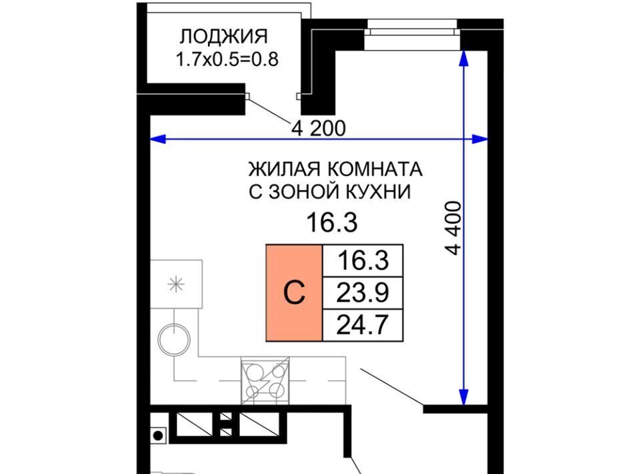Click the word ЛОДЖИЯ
click(224, 37)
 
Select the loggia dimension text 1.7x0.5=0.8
click(227, 59)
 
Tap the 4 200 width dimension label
click(319, 128)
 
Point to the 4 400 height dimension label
click(454, 228)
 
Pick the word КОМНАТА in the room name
click(374, 169)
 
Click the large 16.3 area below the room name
click(332, 223)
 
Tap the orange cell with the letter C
click(294, 292)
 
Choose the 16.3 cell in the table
click(363, 260)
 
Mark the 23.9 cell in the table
click(363, 293)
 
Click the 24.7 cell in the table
click(363, 325)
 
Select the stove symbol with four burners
click(265, 381)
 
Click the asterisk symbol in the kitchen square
click(176, 284)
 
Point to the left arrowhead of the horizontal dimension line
click(158, 140)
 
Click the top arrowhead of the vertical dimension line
click(464, 57)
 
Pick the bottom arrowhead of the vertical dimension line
click(464, 397)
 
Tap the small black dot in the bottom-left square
click(159, 435)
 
